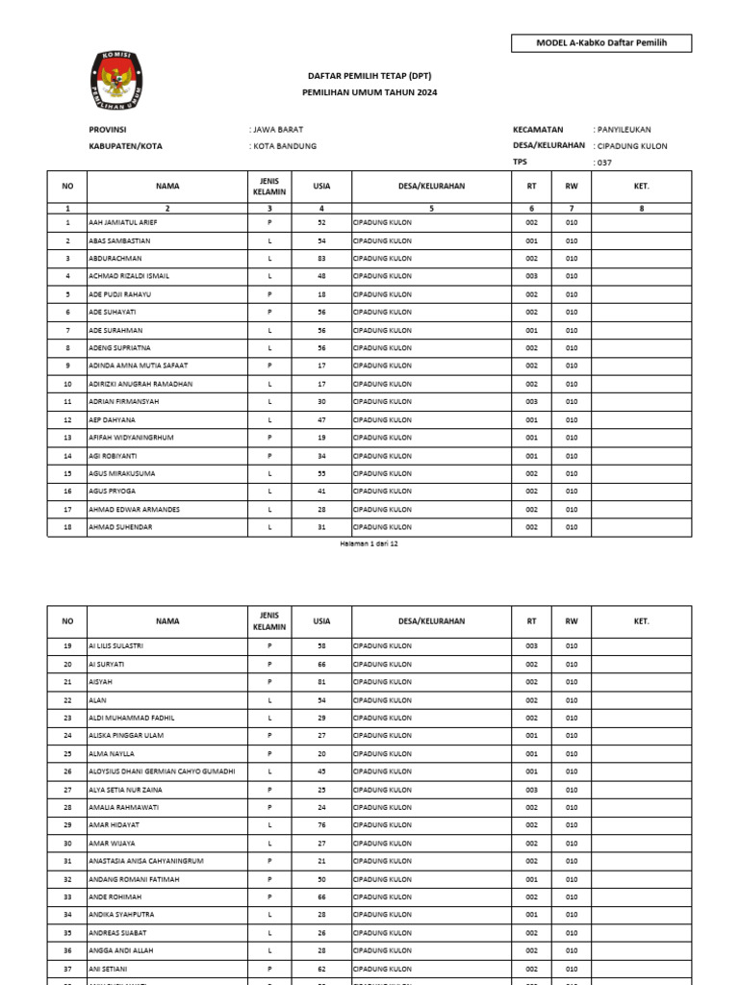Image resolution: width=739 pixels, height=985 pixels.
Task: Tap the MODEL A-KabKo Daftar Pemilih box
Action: click(x=601, y=43)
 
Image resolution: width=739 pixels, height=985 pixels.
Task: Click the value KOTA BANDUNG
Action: click(x=283, y=146)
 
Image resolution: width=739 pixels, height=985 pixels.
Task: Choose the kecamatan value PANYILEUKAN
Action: click(x=626, y=129)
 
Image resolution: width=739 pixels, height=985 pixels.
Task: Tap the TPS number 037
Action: click(x=603, y=163)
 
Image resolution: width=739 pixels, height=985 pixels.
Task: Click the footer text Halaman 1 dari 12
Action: click(x=369, y=543)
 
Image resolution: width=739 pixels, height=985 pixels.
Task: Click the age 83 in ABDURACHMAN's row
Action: click(x=321, y=259)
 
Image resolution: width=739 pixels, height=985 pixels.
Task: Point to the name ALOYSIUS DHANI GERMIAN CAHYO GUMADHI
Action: click(x=161, y=771)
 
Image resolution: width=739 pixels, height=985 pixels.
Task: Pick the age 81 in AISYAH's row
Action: click(x=321, y=682)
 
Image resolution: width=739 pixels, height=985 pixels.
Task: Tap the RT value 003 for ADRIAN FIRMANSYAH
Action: click(x=531, y=402)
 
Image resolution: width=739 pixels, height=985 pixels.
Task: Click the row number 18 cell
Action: click(x=67, y=527)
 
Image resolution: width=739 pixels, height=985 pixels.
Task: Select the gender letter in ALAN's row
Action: click(x=270, y=700)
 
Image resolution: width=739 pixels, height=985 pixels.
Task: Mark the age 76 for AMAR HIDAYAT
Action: click(x=321, y=825)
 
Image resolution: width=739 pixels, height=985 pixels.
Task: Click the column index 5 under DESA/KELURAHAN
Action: click(x=432, y=208)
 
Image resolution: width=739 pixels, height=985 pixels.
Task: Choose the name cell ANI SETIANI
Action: click(x=111, y=969)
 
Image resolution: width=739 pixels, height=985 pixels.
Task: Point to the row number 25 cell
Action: click(x=67, y=753)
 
